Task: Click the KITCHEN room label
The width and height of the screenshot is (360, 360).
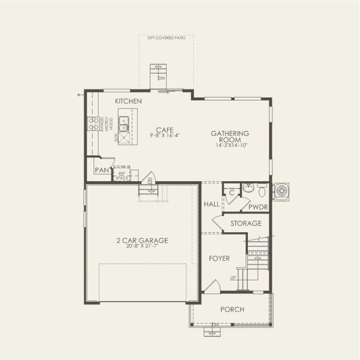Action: (x=128, y=101)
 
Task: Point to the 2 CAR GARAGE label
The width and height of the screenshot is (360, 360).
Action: (x=142, y=241)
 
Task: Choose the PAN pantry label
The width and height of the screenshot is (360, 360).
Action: (x=102, y=170)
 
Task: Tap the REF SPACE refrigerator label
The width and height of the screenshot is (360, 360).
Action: (x=122, y=175)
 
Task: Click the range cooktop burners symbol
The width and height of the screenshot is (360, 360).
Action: (x=94, y=124)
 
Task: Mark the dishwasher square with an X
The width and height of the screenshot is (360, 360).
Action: (x=124, y=138)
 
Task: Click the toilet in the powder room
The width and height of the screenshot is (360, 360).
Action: (x=262, y=189)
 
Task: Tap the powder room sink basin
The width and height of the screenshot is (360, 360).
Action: (x=248, y=189)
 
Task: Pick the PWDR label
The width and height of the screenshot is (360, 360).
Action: (x=259, y=206)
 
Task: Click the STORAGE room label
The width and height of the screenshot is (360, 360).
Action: (x=247, y=224)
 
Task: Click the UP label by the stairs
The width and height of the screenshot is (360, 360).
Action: (x=233, y=278)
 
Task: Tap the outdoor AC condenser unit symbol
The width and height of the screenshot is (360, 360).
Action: (x=281, y=191)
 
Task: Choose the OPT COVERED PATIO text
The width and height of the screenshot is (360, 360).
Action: (x=167, y=37)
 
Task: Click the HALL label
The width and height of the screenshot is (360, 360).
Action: (x=211, y=204)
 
